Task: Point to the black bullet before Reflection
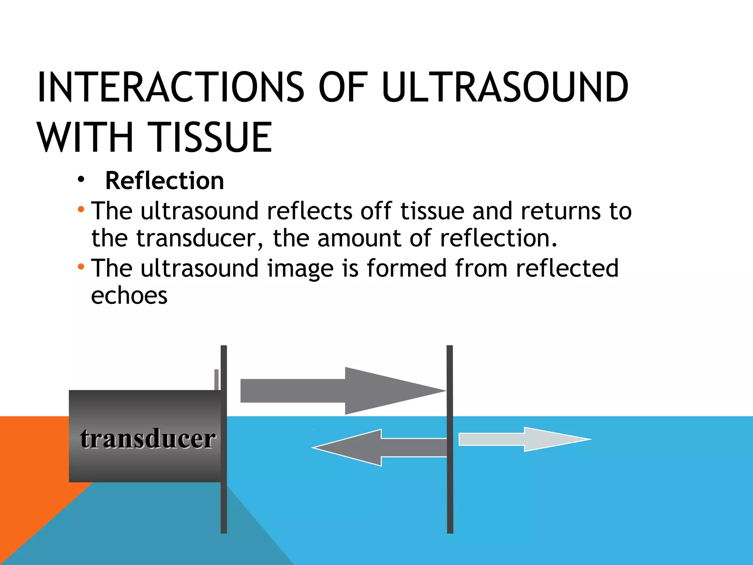(81, 180)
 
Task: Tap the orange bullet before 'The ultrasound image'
(81, 267)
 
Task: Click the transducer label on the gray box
(147, 438)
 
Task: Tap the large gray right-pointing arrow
(342, 391)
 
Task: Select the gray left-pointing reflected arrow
(379, 448)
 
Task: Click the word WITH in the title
(85, 138)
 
